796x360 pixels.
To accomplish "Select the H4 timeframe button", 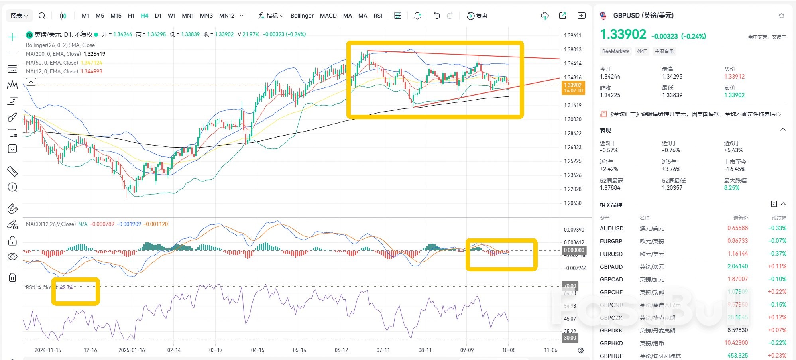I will (144, 16).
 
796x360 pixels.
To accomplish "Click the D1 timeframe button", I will (158, 16).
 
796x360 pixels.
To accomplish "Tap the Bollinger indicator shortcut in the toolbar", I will (302, 16).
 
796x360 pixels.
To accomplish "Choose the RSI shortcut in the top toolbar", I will (378, 16).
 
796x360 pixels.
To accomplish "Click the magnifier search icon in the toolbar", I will (42, 16).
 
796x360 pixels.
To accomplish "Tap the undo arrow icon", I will (437, 16).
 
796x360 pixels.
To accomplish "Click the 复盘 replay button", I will (478, 16).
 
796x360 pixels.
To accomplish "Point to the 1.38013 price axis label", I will (572, 49).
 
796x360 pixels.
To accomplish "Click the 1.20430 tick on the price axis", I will (572, 203).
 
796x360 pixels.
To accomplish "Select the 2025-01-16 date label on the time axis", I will (132, 350).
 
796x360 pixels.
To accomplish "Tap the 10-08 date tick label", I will (509, 350).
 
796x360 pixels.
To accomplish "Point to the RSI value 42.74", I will (66, 287).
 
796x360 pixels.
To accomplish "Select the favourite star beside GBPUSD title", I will (781, 16).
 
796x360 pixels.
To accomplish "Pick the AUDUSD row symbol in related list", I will (611, 228).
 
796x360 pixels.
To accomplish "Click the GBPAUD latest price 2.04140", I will (737, 266).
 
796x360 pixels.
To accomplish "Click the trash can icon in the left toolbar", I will (12, 277).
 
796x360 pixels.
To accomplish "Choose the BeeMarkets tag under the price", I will (615, 51).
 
